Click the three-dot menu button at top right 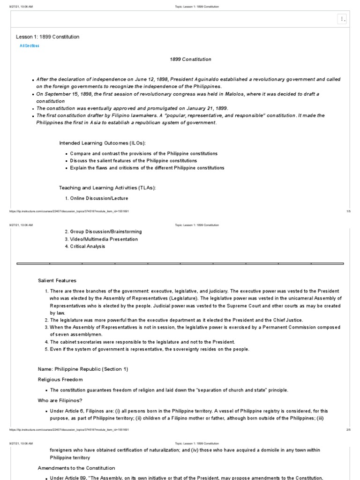342,19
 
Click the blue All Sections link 30,45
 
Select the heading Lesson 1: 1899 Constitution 48,37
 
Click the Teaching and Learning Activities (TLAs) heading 107,187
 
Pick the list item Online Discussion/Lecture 96,198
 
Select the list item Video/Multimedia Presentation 101,239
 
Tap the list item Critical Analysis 85,246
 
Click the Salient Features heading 57,281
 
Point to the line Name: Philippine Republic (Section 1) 83,369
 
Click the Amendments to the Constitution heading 76,468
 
